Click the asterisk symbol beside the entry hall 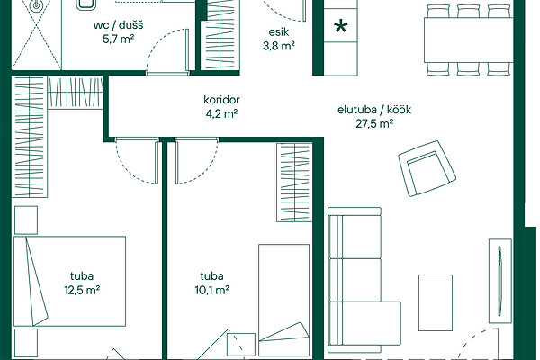tap(341, 26)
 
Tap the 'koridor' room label tap(221, 100)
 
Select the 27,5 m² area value tap(374, 123)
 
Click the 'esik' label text tap(279, 32)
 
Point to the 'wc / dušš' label tap(118, 25)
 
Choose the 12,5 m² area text tap(82, 290)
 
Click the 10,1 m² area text tap(212, 290)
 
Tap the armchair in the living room tap(427, 168)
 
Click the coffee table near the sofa tap(436, 302)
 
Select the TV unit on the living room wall tap(500, 281)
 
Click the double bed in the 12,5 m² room tap(69, 281)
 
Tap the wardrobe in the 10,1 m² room tap(294, 183)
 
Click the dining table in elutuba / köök tap(468, 40)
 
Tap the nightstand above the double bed tap(26, 220)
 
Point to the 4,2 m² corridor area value tap(221, 113)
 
